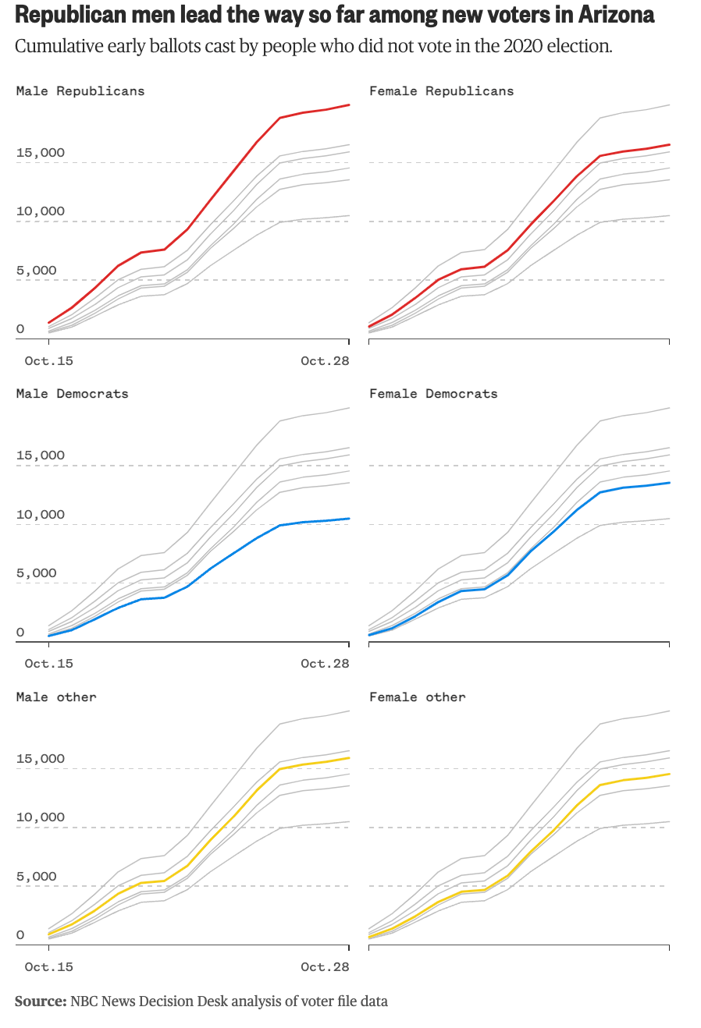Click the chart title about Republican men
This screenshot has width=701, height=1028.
[334, 15]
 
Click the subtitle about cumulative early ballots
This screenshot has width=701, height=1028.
[313, 46]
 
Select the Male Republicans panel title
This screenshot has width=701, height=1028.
[80, 91]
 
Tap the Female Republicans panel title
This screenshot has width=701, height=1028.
[441, 91]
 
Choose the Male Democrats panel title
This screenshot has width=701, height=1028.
[72, 394]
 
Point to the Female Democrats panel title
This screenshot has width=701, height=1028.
[433, 394]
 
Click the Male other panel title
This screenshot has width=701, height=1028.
[56, 697]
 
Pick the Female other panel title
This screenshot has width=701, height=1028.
[417, 697]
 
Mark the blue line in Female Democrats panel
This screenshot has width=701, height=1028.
[554, 530]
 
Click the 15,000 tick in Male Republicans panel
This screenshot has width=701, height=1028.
[41, 153]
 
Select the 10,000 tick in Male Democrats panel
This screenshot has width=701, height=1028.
[41, 515]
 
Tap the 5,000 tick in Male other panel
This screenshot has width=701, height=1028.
[37, 877]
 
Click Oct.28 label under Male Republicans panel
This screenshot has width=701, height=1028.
[325, 361]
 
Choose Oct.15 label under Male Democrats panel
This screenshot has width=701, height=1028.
[48, 664]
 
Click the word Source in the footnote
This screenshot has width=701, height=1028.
[41, 1001]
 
